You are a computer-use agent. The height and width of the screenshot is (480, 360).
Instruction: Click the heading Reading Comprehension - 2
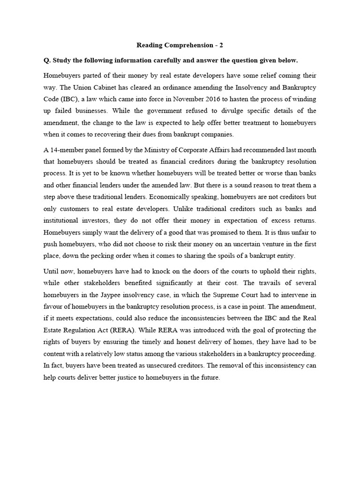(180, 45)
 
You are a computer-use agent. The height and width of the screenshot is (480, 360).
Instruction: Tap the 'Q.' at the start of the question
(47, 60)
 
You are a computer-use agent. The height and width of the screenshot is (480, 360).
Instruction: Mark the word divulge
(224, 111)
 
